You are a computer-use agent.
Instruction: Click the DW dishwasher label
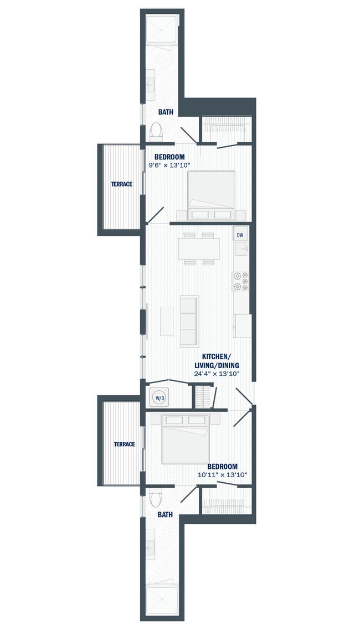point(240,235)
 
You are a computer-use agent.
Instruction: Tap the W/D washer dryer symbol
point(160,397)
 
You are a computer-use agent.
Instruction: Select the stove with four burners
point(240,281)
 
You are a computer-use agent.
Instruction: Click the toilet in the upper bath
point(156,131)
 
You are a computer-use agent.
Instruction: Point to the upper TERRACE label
point(121,184)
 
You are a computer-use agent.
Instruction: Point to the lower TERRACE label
point(124,444)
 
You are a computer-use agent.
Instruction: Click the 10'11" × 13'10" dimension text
point(222,474)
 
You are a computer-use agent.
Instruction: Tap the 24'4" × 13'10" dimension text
point(216,374)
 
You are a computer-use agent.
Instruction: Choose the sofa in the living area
point(189,322)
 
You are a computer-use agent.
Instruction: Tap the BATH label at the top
point(166,112)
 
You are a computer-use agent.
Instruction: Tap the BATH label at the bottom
point(165,515)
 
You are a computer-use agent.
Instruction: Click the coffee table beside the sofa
point(167,321)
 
